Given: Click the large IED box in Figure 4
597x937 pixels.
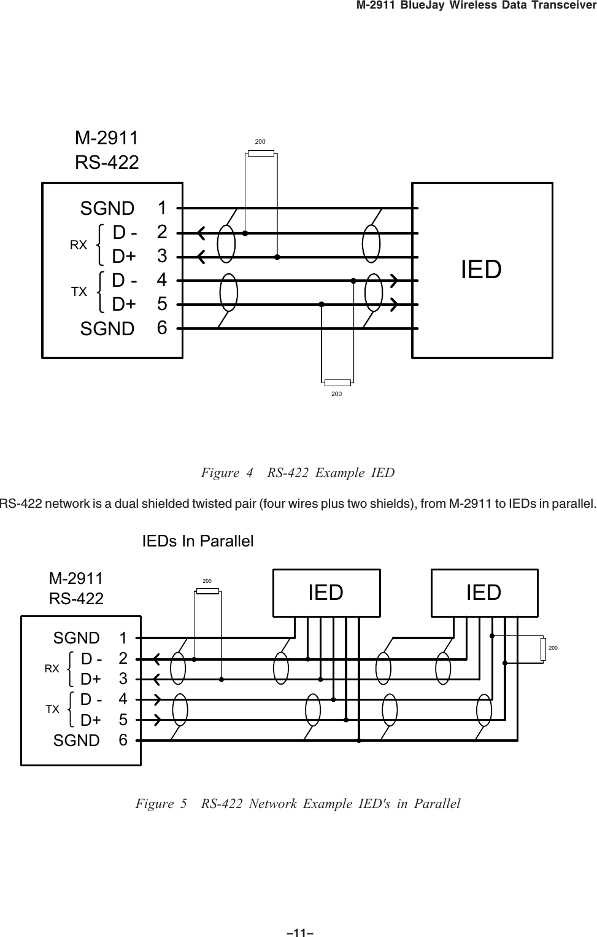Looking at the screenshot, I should point(482,270).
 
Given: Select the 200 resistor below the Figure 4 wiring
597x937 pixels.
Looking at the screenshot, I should point(336,382).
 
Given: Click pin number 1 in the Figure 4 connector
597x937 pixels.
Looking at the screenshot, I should point(162,208).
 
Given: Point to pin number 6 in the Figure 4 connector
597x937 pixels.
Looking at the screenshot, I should point(162,328).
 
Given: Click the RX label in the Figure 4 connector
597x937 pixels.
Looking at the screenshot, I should point(79,245).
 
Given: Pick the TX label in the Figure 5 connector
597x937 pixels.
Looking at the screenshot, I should point(53,709).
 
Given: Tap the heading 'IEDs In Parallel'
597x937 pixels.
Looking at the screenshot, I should point(198,542).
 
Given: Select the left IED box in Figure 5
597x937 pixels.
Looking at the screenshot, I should point(326,593).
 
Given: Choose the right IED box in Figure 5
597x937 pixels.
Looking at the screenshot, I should point(484,593).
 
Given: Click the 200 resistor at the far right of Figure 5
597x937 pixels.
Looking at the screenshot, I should point(543,649).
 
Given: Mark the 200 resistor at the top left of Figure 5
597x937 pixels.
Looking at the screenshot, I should point(207,591).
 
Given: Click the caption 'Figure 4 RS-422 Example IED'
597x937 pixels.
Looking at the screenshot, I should point(298,473).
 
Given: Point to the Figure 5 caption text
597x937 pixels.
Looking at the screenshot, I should point(298,804).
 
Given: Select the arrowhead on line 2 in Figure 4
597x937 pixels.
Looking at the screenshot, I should point(201,233).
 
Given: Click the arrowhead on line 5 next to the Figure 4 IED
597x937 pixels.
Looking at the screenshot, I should point(395,303).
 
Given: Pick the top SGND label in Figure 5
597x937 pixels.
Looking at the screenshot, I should point(77,638).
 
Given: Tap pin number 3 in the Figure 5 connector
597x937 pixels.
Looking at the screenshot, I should point(123,678).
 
